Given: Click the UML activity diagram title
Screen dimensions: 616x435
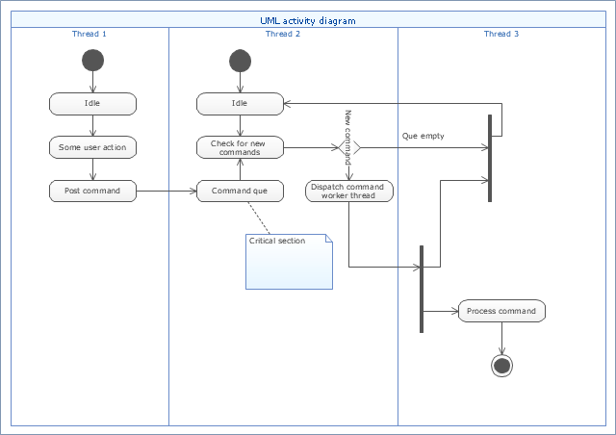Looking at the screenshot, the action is (x=308, y=21).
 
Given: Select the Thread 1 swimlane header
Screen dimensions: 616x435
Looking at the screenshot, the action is (x=90, y=34).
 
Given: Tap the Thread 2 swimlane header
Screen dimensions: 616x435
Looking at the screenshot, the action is (x=283, y=34).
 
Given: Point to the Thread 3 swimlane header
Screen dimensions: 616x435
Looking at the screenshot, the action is (x=501, y=34).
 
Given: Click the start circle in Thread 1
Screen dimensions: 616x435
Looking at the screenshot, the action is (x=92, y=60).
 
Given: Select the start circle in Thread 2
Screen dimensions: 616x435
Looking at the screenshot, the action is (x=240, y=61).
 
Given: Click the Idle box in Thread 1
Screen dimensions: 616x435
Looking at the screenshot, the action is (x=92, y=104).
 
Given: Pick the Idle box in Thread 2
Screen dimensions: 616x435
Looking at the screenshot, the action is (x=240, y=104).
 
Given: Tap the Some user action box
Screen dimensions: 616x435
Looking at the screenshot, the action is (x=92, y=147).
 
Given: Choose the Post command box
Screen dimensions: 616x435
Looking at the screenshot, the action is (x=92, y=191).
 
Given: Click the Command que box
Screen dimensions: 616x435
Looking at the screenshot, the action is (x=240, y=191).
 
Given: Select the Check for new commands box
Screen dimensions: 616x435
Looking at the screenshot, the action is (x=240, y=147).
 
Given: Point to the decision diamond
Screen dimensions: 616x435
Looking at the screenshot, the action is (x=349, y=148).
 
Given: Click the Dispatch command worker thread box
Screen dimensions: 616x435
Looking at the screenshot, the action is (x=349, y=191).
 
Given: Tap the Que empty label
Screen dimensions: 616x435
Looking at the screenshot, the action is (x=423, y=136).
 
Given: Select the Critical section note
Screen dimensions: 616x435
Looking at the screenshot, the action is (x=289, y=262).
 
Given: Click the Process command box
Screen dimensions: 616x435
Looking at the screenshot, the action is (x=501, y=311).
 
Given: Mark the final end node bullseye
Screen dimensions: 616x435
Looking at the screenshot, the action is (x=501, y=366).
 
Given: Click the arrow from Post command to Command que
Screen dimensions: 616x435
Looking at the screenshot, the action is (x=167, y=192).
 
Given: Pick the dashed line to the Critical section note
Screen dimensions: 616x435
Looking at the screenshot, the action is (x=259, y=218).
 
